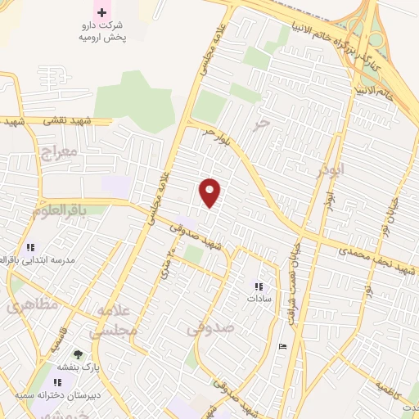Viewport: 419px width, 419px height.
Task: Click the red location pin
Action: (210, 192)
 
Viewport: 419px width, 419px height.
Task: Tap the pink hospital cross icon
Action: (101, 11)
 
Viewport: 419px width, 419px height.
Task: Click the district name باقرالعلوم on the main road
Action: (59, 210)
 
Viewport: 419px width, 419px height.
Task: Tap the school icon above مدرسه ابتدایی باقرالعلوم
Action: (30, 246)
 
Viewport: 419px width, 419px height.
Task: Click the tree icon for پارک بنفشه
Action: (78, 354)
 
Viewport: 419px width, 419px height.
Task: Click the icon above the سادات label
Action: (259, 286)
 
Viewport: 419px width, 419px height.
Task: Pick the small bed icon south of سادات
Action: (283, 347)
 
